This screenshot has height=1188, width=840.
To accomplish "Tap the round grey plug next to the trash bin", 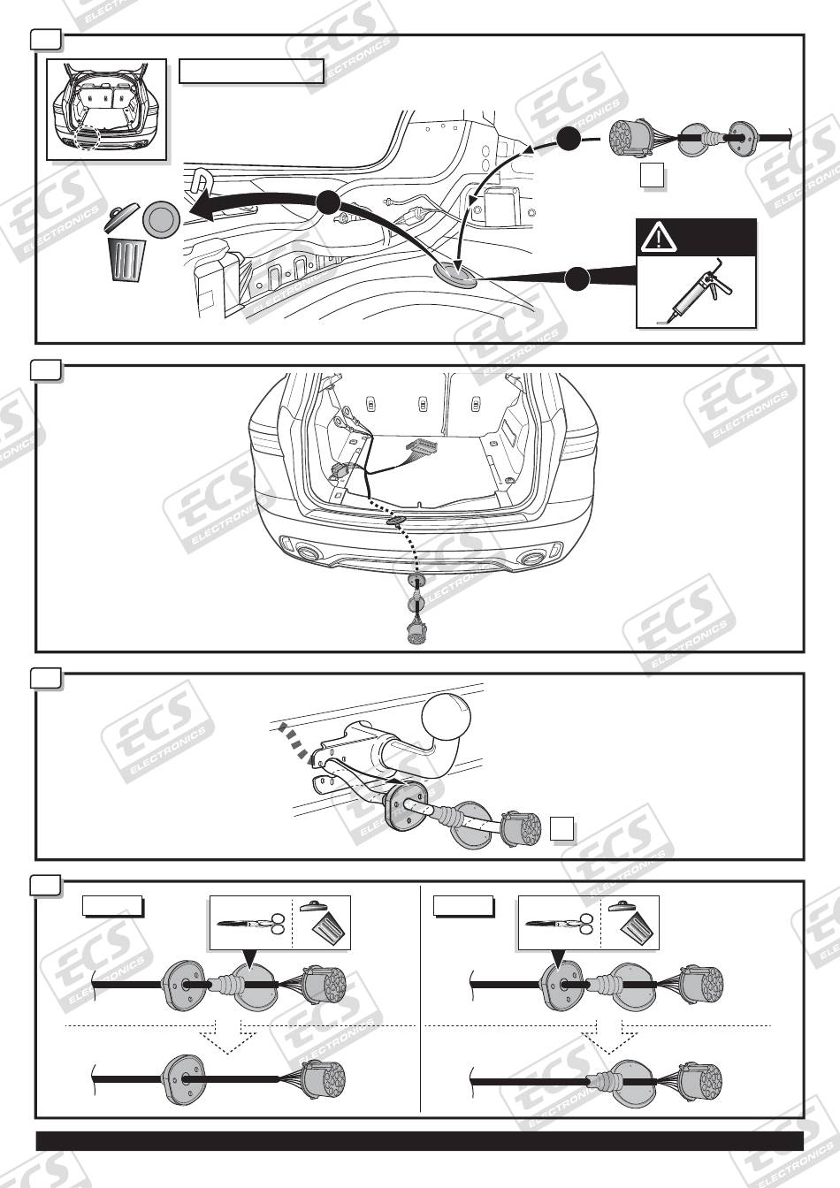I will point(160,219).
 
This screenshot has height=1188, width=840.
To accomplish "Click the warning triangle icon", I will point(658,237).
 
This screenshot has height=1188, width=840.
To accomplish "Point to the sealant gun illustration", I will point(696,292).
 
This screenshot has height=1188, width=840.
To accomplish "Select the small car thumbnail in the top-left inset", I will point(106,110).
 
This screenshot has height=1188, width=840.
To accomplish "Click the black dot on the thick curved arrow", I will point(327,202).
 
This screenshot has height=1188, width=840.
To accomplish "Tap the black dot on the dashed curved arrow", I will point(569,137).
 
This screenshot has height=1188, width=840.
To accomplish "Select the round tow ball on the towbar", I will point(447,720).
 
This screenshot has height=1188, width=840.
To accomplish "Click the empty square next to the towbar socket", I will point(562,828).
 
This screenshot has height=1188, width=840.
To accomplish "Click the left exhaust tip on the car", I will point(309,553).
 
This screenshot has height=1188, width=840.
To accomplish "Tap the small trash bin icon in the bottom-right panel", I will point(638,923).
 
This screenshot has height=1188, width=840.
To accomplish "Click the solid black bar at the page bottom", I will point(419,1140).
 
